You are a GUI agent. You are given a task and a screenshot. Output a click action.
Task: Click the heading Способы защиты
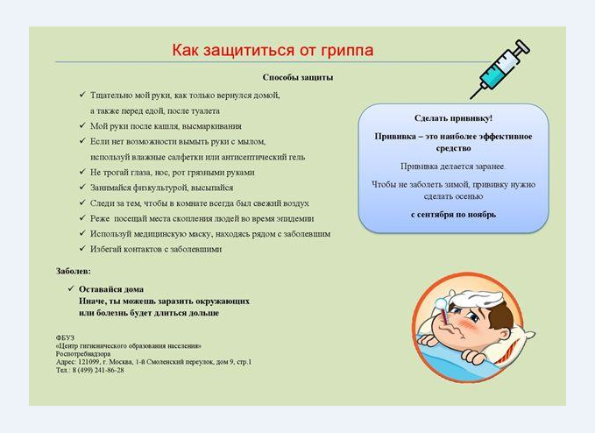(298, 77)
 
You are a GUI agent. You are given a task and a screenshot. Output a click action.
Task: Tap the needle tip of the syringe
(471, 98)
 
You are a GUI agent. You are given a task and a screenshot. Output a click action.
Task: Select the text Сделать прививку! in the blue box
(453, 118)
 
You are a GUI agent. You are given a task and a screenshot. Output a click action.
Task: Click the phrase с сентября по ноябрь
(453, 215)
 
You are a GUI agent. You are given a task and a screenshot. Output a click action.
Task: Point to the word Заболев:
(74, 271)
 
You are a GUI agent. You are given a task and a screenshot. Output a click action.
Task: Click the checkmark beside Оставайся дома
(71, 288)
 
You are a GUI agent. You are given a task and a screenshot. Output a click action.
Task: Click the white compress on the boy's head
(475, 299)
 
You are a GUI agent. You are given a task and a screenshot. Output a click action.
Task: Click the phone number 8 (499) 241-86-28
(98, 370)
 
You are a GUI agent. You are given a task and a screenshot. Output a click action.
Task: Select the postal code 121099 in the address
(89, 362)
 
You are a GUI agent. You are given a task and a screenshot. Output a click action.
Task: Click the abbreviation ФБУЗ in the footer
(65, 337)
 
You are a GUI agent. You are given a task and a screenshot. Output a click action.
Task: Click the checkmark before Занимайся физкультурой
(82, 187)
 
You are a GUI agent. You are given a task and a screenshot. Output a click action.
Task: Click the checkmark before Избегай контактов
(82, 249)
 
